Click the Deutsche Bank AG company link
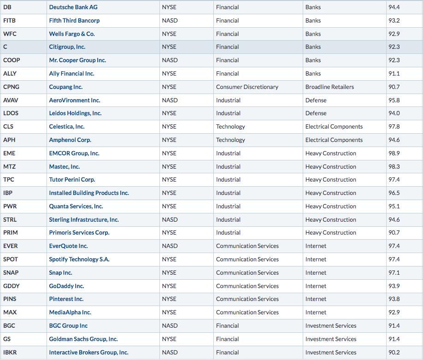[73, 7]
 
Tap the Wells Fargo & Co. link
[72, 34]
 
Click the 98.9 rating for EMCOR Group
[394, 153]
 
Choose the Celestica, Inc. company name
[67, 126]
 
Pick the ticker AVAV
[11, 100]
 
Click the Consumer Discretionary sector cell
[247, 87]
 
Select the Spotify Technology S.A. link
[80, 260]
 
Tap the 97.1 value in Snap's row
[394, 273]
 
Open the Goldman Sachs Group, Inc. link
[83, 339]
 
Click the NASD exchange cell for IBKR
[170, 353]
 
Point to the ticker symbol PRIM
[11, 233]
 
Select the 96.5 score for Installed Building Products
[394, 193]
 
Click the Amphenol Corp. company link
[70, 140]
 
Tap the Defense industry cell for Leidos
[316, 113]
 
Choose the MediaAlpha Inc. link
[70, 313]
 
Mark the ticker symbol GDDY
[12, 286]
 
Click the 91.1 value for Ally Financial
[394, 73]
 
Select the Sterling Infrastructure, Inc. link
[84, 220]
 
